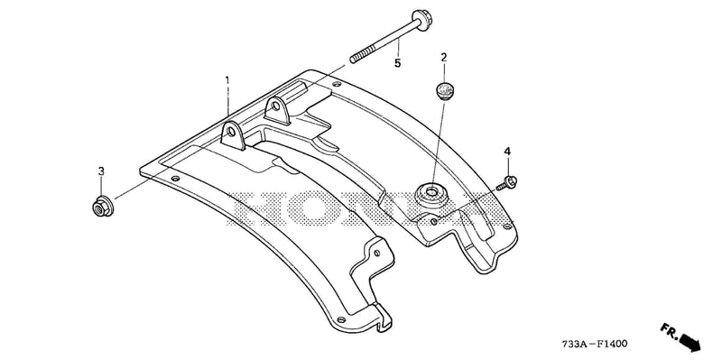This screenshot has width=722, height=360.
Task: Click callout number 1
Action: [x=227, y=80]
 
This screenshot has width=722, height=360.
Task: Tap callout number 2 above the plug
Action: [x=444, y=58]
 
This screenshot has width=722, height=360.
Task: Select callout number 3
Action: [x=101, y=171]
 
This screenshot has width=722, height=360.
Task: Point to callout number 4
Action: [x=507, y=151]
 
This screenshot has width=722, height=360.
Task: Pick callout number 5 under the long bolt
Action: [x=397, y=63]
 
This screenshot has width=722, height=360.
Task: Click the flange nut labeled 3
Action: [x=103, y=208]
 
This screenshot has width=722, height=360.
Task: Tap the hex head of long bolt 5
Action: [x=422, y=18]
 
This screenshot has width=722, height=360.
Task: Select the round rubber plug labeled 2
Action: [x=444, y=90]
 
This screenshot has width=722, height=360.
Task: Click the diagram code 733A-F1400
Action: [x=594, y=344]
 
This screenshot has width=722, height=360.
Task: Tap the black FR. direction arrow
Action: [x=690, y=342]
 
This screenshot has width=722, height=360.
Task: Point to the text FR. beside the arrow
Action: [x=669, y=330]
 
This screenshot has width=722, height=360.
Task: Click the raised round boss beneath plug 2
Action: [x=432, y=195]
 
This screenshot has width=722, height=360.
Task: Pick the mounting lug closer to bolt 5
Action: [x=278, y=109]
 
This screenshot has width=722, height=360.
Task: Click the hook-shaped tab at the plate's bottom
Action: [x=383, y=318]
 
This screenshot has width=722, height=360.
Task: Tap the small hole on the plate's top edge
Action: [x=337, y=84]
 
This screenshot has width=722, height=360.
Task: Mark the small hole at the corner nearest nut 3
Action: [x=175, y=178]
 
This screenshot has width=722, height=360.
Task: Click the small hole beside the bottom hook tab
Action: [x=341, y=319]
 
